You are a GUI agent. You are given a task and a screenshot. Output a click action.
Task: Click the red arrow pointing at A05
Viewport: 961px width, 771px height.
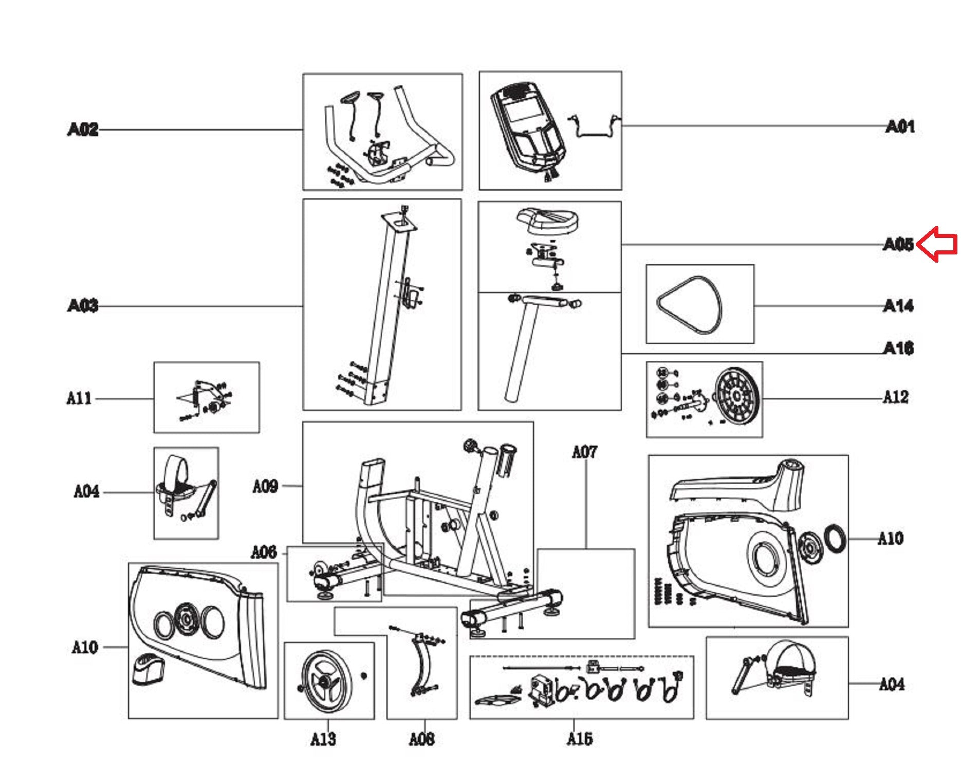[937, 244]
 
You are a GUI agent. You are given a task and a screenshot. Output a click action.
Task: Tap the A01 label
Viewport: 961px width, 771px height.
[899, 126]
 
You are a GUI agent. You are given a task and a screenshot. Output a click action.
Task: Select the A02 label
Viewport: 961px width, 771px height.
[82, 129]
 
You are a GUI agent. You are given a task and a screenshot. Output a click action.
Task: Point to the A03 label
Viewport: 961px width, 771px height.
[82, 306]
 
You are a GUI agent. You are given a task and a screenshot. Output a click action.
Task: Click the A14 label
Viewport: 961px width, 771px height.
[898, 306]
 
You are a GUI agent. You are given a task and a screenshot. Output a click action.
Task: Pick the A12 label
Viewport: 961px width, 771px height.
[895, 397]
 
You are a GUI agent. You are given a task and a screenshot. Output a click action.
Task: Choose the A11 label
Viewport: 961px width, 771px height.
[79, 398]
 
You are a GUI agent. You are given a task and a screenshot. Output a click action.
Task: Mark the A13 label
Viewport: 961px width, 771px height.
[323, 739]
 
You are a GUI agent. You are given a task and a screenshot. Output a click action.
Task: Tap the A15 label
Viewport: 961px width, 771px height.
[580, 739]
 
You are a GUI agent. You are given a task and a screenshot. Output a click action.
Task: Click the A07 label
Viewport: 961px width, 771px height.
[585, 452]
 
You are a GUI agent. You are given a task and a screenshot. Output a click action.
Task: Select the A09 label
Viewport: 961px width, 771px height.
[265, 486]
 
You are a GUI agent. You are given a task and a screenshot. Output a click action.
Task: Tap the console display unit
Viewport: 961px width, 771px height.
[527, 128]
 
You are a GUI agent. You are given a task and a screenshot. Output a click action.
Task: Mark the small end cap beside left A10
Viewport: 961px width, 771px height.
[149, 668]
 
